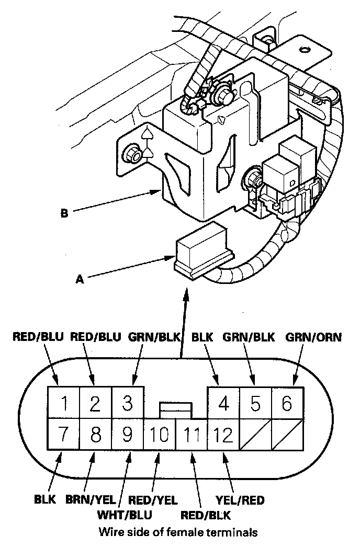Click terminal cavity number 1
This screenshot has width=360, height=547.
pos(63,403)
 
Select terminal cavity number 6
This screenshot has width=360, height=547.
pos(287,403)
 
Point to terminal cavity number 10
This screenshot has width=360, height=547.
pos(159,434)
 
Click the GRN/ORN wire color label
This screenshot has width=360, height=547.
pos(314,337)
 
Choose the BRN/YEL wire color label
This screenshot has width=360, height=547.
pos(90,500)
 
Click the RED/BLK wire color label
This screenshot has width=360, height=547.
pos(206,515)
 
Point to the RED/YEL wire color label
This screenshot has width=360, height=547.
pos(153,500)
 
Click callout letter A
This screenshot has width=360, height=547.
pos(80,280)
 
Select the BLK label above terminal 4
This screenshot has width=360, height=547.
pos(203,337)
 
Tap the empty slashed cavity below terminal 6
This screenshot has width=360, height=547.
pos(287,434)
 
